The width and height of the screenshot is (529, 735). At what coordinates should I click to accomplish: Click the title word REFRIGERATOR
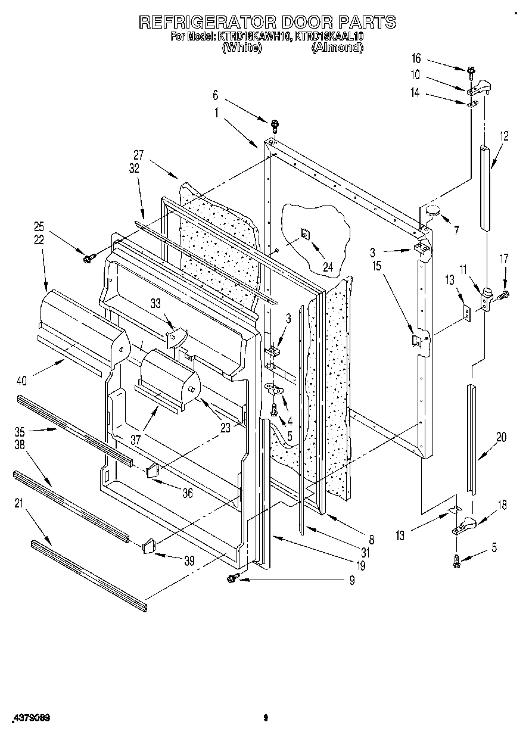pos(206,23)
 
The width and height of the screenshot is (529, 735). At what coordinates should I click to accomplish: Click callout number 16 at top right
pos(416,58)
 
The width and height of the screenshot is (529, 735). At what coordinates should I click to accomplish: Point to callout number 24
pos(328,251)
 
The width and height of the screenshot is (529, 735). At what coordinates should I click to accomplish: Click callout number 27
pos(139,152)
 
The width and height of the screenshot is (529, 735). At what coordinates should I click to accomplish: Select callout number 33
pos(155,303)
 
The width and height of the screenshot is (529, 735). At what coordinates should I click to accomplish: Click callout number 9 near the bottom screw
pos(351,580)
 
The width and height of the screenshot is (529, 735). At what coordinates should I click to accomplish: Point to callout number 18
pos(502,505)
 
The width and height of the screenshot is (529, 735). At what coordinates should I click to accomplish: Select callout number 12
pos(504,136)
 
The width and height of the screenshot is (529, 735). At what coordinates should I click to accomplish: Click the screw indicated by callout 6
pos(275,124)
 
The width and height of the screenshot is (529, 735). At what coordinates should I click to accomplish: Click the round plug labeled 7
pos(432,210)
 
